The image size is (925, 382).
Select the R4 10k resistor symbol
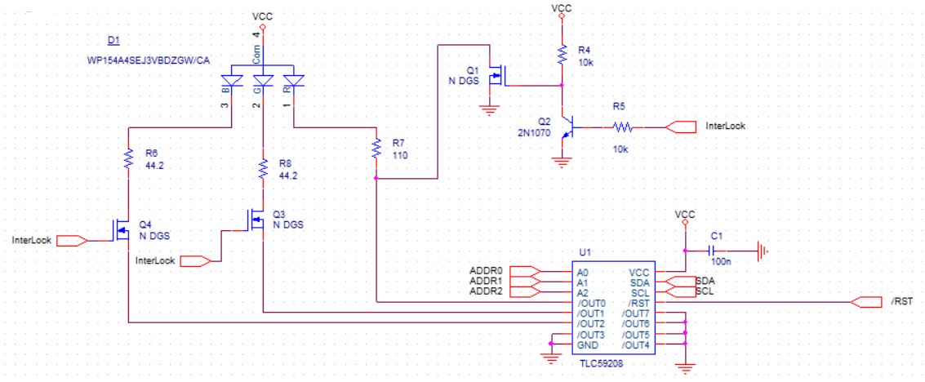(561, 54)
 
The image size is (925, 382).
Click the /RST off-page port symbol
(865, 302)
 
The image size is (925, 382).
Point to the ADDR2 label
(485, 291)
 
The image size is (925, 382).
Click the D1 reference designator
(113, 41)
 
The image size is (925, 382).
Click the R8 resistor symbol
(263, 169)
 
